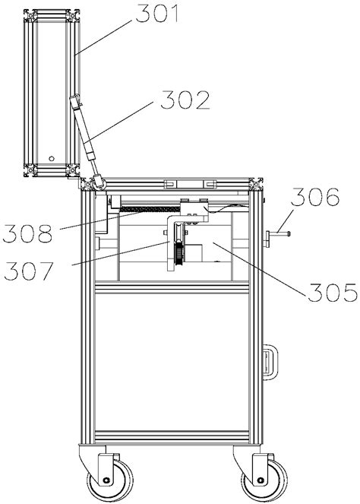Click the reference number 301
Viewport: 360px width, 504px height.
point(156,14)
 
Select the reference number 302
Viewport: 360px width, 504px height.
point(185,100)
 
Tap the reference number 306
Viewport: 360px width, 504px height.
point(315,197)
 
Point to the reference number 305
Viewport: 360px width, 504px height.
point(333,293)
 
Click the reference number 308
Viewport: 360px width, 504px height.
point(27,233)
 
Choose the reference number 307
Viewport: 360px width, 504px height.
point(28,271)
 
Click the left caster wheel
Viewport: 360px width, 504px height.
point(110,480)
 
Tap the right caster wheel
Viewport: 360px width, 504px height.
point(264,480)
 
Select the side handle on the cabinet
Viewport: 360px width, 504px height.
point(270,363)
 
